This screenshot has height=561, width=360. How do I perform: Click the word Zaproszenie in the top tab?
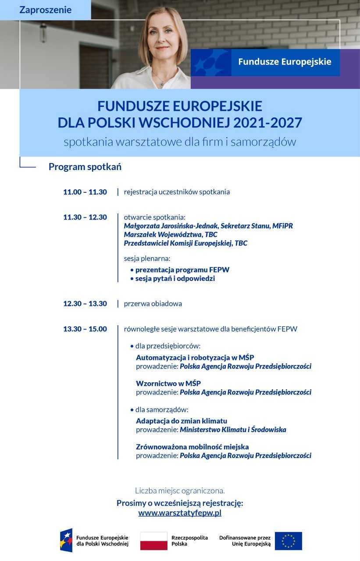(45, 10)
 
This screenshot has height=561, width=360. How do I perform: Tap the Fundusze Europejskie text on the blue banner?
(285, 62)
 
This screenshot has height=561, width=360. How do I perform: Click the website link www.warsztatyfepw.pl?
(180, 513)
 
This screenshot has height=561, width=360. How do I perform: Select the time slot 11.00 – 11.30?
(85, 192)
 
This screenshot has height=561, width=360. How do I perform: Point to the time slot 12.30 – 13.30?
(85, 304)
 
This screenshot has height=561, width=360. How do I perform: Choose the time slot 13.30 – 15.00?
(85, 329)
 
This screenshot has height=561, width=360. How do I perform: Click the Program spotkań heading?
(85, 167)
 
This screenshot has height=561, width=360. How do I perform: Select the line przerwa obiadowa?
(153, 304)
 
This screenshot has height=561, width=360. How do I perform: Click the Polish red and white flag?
(153, 541)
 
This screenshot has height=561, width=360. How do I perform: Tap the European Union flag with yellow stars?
(288, 541)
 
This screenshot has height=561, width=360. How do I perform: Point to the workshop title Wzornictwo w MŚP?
(168, 384)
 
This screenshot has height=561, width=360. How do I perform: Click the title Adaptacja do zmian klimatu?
(182, 421)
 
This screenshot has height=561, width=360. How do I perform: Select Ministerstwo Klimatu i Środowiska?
(233, 430)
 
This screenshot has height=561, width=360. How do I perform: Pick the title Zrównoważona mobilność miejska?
(192, 447)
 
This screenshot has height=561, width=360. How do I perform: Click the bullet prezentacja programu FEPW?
(182, 270)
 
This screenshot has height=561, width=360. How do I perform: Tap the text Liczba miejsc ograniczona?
(180, 491)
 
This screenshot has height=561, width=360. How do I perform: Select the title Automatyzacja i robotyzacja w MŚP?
(195, 358)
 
